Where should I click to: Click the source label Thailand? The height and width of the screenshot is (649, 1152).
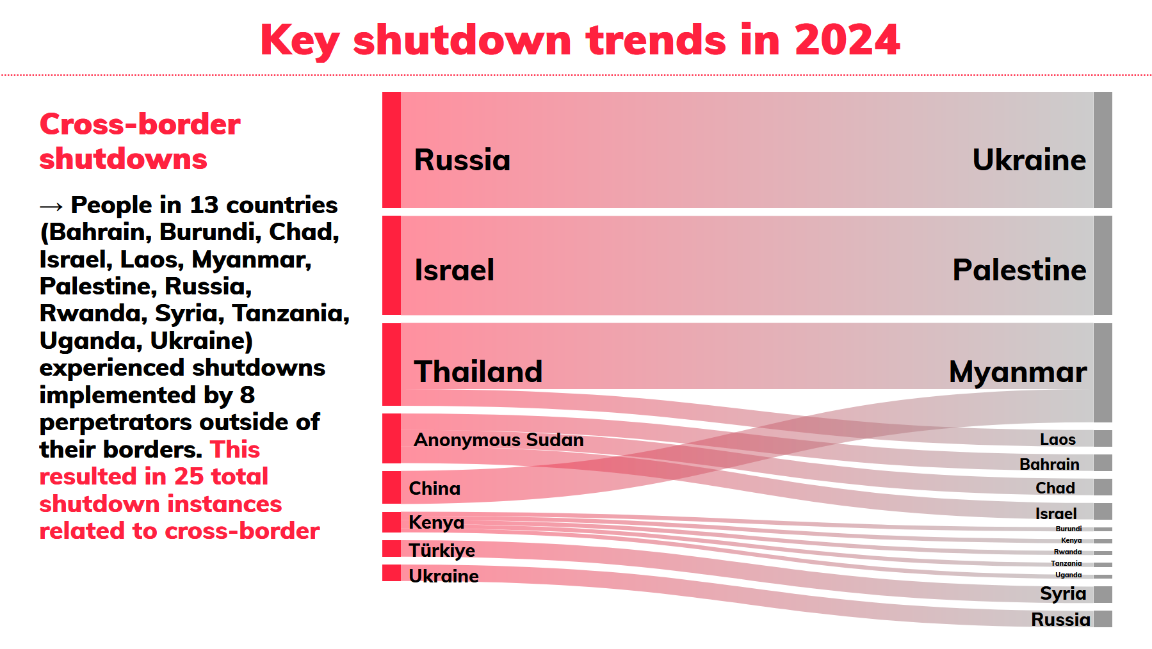[x=478, y=372]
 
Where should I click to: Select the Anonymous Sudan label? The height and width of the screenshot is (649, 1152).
[x=498, y=440]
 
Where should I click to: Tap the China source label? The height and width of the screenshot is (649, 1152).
[x=434, y=488]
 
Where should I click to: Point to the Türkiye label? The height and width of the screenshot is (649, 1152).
[x=441, y=550]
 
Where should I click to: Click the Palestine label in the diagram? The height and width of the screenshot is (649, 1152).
[x=1019, y=270]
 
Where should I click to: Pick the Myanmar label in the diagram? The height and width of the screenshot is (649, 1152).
[x=1018, y=372]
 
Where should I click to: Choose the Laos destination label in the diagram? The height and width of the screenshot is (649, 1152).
[x=1057, y=439]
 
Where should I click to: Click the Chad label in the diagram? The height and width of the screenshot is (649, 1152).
[x=1055, y=488]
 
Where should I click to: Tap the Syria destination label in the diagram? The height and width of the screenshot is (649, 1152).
[x=1062, y=593]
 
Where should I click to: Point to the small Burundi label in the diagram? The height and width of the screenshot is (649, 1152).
[x=1068, y=529]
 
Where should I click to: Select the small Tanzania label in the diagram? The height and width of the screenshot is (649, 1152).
[x=1066, y=563]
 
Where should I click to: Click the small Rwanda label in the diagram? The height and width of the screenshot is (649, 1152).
[x=1067, y=552]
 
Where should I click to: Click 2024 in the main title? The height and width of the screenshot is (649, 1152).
[x=847, y=40]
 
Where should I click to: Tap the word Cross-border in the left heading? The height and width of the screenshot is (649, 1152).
[x=140, y=124]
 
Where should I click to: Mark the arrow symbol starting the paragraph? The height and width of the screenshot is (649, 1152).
[x=51, y=206]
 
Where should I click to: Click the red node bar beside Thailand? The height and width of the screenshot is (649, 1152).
[x=391, y=364]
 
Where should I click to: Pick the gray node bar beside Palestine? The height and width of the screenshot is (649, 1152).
[x=1103, y=265]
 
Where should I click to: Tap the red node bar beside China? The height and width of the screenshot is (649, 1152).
[x=391, y=487]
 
